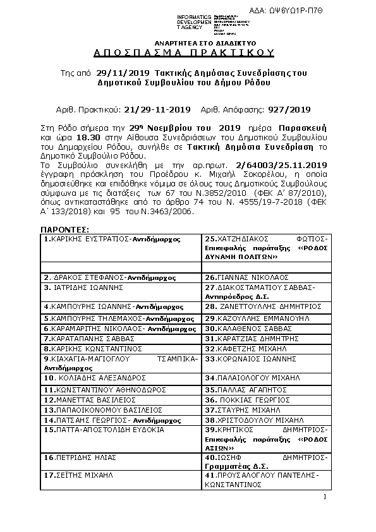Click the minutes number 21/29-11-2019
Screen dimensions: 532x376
[x=157, y=109]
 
